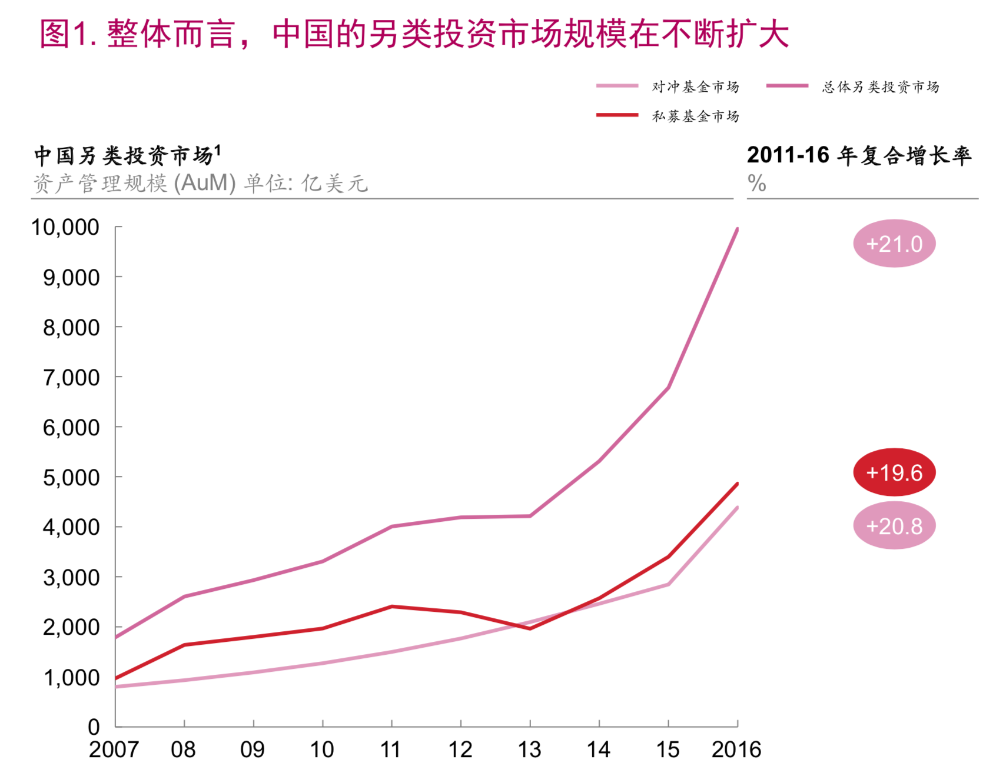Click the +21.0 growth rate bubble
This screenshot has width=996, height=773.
894,244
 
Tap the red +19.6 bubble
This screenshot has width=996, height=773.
894,472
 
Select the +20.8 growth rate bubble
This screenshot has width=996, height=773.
894,526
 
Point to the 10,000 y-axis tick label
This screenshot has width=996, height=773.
65,227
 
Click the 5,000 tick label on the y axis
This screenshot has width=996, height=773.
71,477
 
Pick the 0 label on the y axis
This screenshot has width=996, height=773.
94,727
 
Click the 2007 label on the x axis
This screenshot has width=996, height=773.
114,749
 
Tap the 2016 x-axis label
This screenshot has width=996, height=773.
736,749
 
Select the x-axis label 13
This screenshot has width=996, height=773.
529,749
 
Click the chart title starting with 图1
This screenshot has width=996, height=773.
414,34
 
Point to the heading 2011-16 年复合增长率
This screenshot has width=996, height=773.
859,155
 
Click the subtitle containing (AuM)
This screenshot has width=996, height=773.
200,184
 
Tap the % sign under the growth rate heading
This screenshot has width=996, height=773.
757,184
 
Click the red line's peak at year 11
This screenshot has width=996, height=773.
391,607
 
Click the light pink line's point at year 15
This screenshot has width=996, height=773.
668,584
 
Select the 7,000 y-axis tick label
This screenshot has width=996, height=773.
71,377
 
